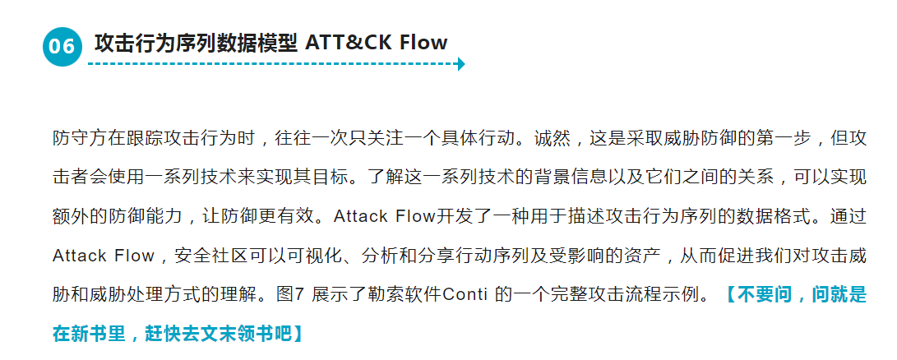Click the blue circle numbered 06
point(62,47)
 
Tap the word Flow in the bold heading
point(423,42)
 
